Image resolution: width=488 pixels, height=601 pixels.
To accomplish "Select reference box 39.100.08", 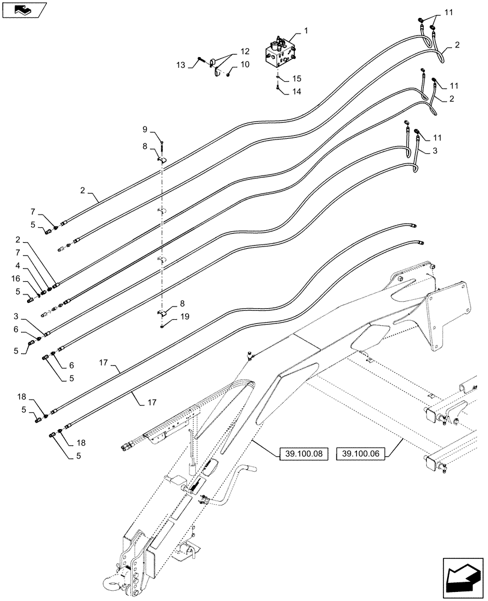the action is [x=303, y=454].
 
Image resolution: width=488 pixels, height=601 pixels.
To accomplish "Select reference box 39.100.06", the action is [x=361, y=454].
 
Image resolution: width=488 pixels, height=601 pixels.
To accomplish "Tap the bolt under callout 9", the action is [x=162, y=144].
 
